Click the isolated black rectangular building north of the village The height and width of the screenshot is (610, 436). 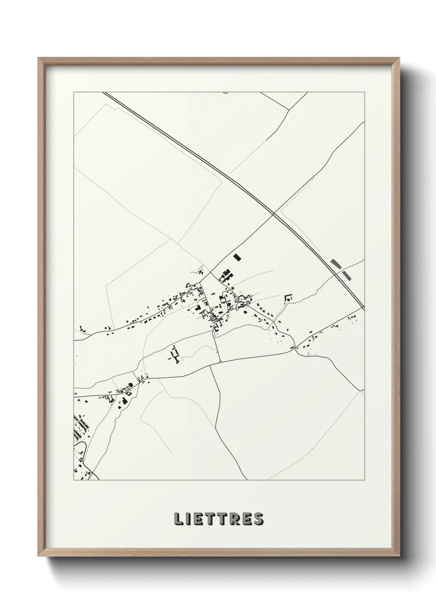[237, 258]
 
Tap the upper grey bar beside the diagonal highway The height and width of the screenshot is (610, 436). [336, 263]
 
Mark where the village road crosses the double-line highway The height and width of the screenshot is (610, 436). [274, 213]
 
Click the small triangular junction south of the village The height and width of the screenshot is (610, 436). [220, 361]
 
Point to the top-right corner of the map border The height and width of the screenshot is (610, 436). [365, 92]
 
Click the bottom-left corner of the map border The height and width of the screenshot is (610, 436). [74, 480]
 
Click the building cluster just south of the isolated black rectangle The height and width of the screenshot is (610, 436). [225, 275]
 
